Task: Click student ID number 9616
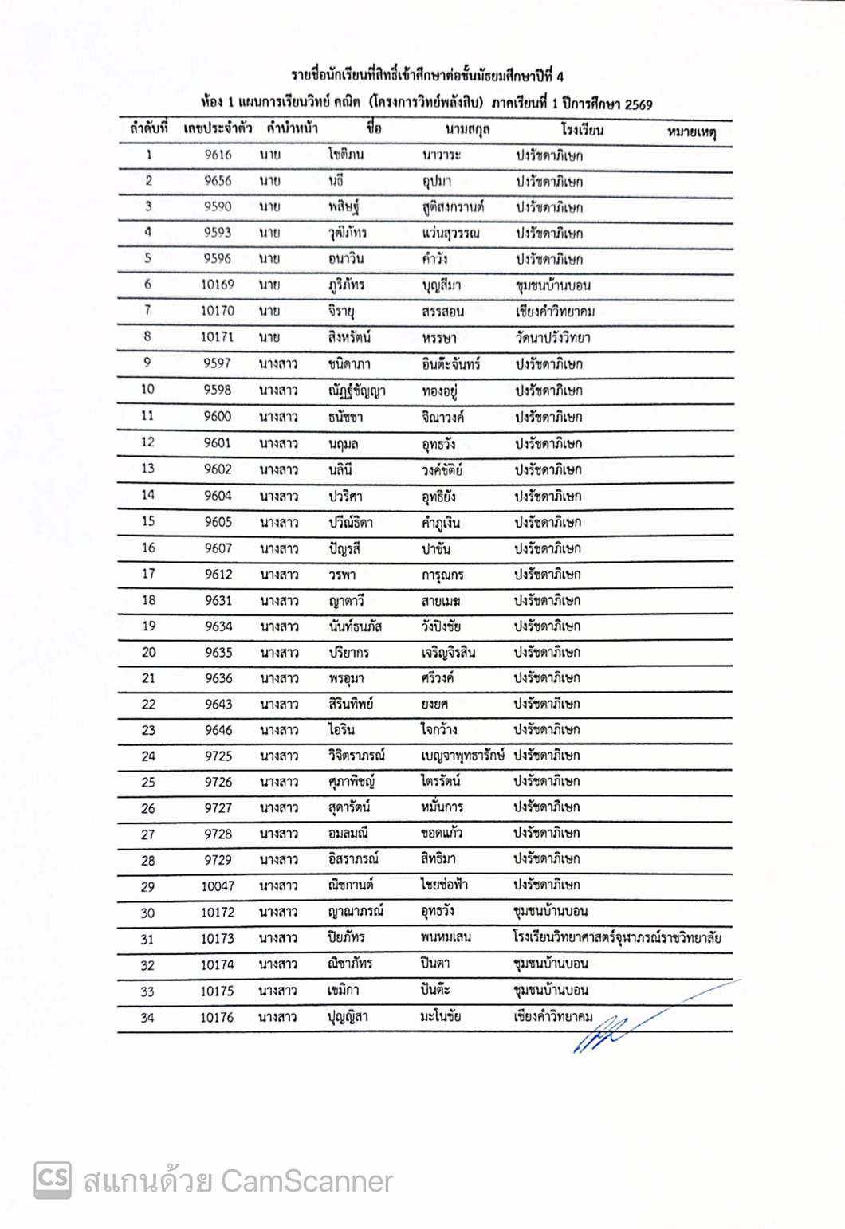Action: [218, 155]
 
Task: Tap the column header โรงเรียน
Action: [582, 130]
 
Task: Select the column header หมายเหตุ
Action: [691, 132]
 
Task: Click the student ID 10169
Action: [218, 285]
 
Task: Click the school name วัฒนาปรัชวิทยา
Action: [552, 337]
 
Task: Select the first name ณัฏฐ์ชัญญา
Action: [356, 391]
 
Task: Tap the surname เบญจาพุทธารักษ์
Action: [462, 756]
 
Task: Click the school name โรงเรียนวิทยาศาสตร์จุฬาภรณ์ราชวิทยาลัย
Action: [617, 937]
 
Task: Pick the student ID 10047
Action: [218, 886]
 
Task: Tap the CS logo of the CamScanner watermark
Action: [53, 1180]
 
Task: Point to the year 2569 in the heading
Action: [639, 104]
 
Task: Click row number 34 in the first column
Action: [147, 1018]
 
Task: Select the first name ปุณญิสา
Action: [348, 1017]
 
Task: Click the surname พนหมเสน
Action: [446, 937]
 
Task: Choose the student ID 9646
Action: [218, 730]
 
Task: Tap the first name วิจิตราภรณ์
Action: [356, 756]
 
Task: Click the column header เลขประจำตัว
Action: [218, 129]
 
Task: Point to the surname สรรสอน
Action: [442, 312]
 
